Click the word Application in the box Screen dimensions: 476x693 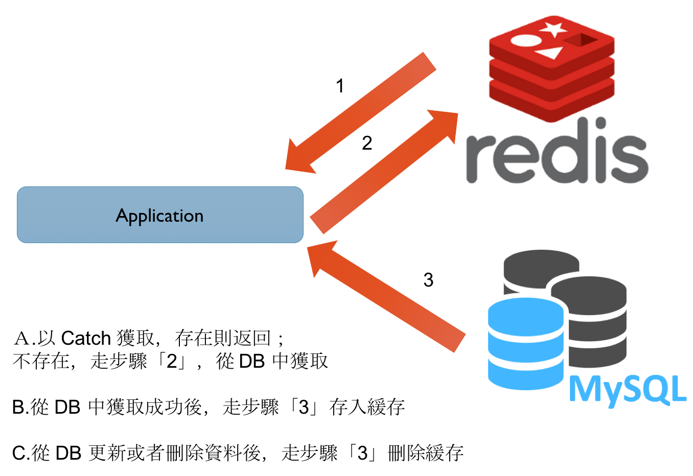[x=159, y=216]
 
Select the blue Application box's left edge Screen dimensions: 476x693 [x=18, y=215]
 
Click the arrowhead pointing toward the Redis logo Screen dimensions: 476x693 [x=445, y=123]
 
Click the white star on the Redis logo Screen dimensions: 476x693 [x=553, y=29]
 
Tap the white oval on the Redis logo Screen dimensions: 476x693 [x=526, y=40]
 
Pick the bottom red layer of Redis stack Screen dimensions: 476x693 [x=551, y=102]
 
